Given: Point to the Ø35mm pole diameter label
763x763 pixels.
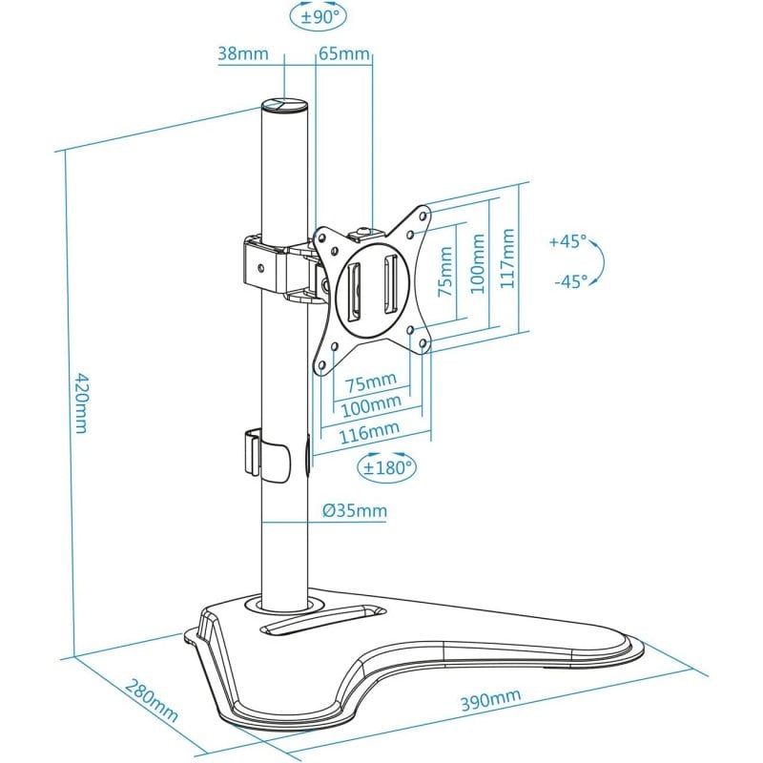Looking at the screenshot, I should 355,511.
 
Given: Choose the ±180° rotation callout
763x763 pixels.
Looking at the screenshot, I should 386,467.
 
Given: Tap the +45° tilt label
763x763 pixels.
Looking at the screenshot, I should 568,242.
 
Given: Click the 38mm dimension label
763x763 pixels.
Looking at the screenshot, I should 242,53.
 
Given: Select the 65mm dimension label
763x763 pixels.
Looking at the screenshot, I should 343,53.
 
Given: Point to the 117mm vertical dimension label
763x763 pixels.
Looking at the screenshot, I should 507,259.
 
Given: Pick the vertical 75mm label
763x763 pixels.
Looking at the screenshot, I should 444,271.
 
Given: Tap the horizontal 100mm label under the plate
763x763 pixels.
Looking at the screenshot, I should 371,405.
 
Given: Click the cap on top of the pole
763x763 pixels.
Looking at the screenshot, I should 284,106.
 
